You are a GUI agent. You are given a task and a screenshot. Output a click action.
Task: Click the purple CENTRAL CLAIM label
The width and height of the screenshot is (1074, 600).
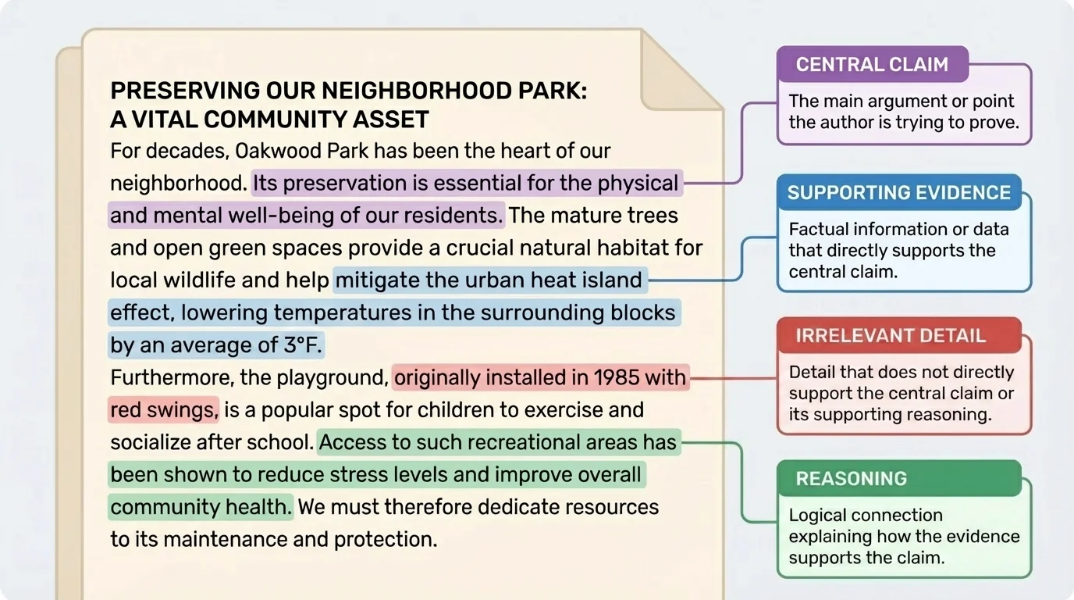[871, 65]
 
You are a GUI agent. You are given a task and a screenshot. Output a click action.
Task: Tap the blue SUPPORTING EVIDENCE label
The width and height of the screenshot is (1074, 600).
[898, 193]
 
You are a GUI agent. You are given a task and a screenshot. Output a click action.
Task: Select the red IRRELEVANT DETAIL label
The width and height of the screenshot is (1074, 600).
[890, 336]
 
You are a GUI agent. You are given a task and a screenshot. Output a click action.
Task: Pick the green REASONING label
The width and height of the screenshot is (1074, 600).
[851, 478]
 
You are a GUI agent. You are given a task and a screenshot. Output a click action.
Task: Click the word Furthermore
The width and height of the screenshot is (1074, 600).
[171, 378]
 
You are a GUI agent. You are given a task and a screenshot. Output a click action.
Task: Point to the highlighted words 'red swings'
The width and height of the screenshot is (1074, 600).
[163, 410]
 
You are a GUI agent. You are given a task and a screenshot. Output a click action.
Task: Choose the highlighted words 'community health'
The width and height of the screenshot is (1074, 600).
[200, 507]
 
